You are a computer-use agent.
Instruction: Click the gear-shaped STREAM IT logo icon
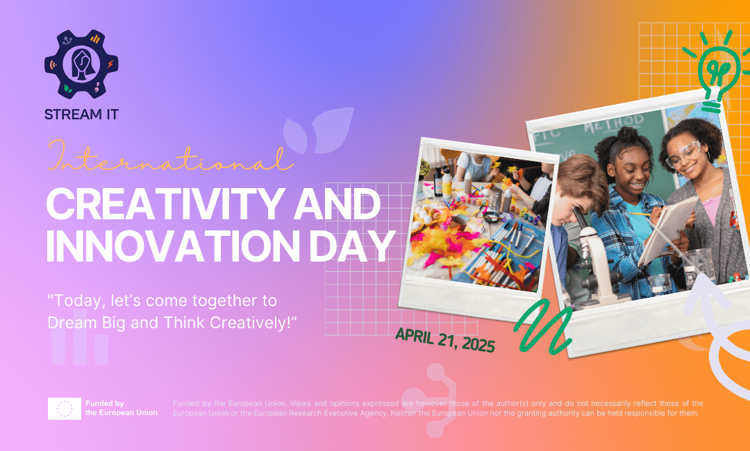(81, 65)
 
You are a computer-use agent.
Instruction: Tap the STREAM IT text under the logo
(81, 114)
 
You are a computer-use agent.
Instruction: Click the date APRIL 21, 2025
(445, 340)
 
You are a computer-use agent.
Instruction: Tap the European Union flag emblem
(65, 409)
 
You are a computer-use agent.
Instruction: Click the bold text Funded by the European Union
(121, 408)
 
